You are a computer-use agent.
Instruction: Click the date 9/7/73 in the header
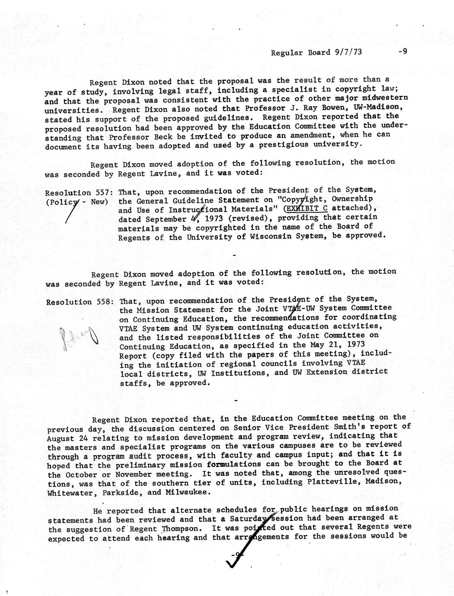tap(348, 52)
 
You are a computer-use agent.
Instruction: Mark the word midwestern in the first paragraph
tap(385, 98)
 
